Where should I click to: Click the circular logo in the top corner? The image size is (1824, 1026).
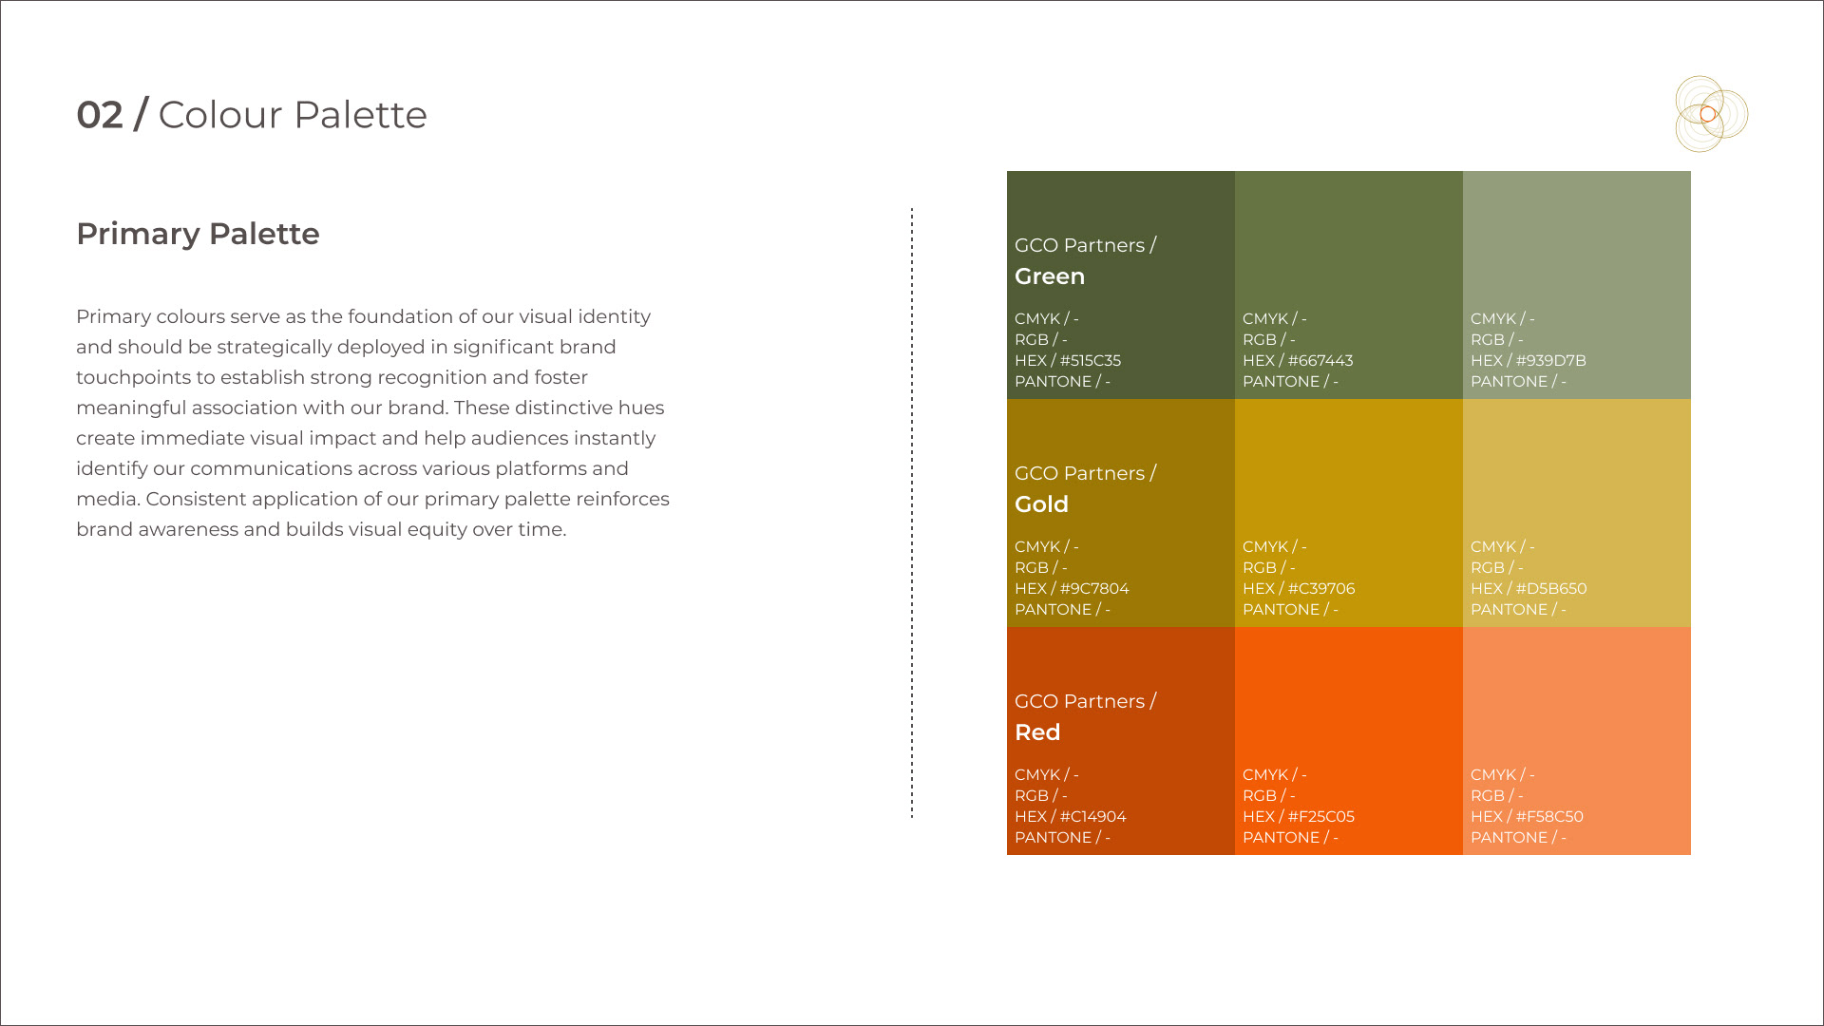(x=1711, y=114)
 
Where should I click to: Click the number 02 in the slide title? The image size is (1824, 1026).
(x=100, y=115)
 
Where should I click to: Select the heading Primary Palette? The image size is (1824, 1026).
(x=198, y=234)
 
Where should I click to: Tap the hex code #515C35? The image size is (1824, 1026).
(x=1091, y=361)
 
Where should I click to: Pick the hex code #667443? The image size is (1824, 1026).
(x=1320, y=361)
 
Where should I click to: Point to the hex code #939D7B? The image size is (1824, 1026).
(x=1551, y=361)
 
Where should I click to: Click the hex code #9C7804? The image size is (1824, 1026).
(x=1094, y=589)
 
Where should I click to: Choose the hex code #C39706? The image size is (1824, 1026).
(x=1321, y=589)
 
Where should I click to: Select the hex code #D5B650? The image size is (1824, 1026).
(x=1551, y=589)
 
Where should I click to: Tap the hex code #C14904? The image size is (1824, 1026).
(x=1092, y=817)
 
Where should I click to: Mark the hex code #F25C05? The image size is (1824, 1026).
(x=1321, y=817)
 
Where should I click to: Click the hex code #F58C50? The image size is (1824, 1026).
(x=1549, y=817)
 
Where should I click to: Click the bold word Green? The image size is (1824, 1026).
(x=1050, y=276)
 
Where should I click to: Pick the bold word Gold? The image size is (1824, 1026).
(x=1041, y=504)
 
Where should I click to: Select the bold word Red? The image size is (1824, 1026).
(x=1037, y=732)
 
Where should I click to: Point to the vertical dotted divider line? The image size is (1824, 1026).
(x=912, y=513)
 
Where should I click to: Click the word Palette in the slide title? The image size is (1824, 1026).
(x=360, y=115)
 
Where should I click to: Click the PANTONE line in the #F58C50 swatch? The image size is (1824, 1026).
(x=1518, y=838)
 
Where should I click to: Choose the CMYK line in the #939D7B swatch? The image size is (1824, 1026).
(x=1502, y=319)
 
